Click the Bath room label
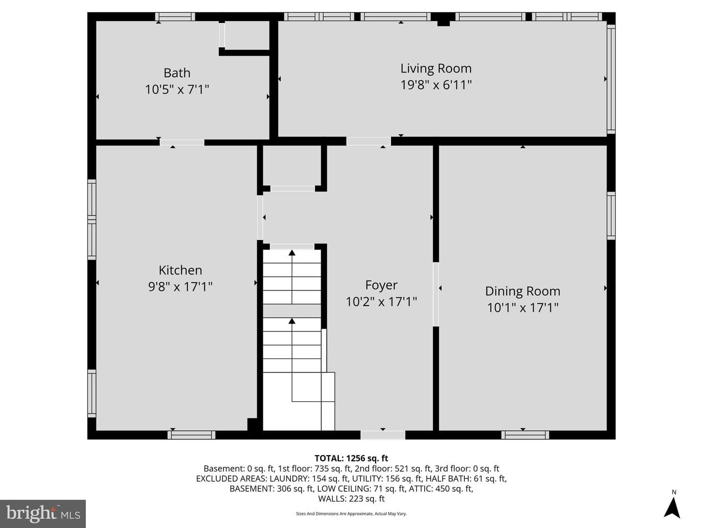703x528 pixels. tap(177, 73)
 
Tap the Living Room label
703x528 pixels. tap(436, 68)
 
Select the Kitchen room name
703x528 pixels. tap(180, 270)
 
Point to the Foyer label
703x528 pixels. tap(381, 286)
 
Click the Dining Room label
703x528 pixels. tap(523, 291)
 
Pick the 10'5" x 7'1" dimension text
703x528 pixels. tap(177, 89)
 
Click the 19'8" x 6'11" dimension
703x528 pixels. tap(436, 85)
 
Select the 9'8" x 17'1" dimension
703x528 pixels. tap(180, 286)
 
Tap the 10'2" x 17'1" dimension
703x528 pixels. tap(381, 302)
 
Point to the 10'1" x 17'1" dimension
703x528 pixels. tap(523, 308)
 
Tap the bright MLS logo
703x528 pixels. tap(43, 514)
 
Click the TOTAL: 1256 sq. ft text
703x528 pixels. tap(351, 459)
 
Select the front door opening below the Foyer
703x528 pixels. tap(383, 435)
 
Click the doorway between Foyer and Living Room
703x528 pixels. tap(369, 141)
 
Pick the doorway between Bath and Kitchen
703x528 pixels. tap(182, 142)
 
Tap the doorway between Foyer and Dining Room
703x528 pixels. tap(436, 294)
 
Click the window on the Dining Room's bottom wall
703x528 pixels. tap(525, 435)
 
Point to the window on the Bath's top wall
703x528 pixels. tap(175, 17)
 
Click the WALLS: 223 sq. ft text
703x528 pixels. tap(351, 499)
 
